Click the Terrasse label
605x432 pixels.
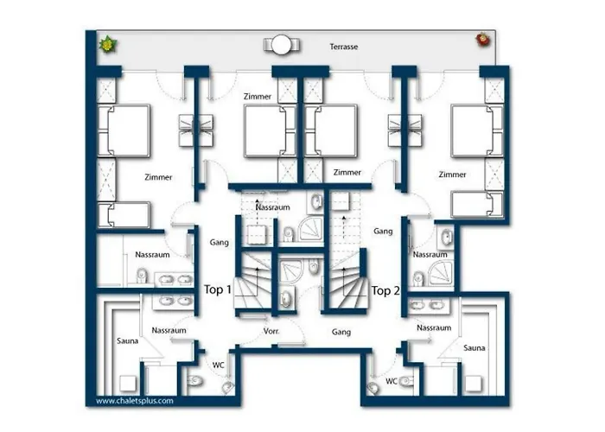point(343,47)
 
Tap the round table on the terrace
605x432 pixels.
point(281,45)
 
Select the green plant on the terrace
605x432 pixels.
point(108,44)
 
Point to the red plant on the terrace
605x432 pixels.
point(482,40)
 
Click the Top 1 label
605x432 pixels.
point(218,289)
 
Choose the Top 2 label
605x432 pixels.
point(385,290)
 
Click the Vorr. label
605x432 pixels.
point(271,331)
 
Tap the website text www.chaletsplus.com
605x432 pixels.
point(135,401)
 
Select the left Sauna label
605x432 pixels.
point(127,340)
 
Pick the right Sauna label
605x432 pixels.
point(474,348)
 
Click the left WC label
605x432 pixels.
point(218,365)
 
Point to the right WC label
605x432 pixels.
point(392,381)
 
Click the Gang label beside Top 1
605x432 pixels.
point(220,242)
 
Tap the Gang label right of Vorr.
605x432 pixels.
point(341,331)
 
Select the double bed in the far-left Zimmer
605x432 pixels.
point(124,130)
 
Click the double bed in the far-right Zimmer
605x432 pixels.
point(477,130)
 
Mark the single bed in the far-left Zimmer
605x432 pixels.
point(124,215)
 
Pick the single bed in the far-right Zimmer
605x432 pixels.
point(477,205)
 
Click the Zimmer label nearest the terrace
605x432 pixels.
point(258,97)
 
